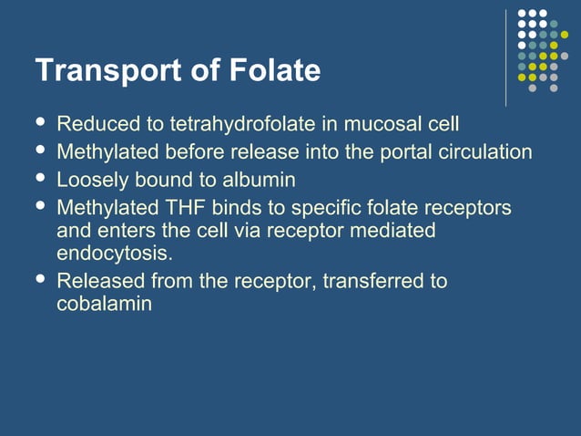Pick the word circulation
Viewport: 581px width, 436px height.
[x=478, y=151]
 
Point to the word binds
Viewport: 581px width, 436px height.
[x=237, y=208]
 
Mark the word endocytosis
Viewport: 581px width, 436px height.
[x=115, y=253]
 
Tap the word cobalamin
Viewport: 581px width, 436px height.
[x=104, y=304]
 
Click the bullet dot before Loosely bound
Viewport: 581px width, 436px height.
[x=39, y=177]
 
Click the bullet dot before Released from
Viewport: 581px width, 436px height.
[x=39, y=278]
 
